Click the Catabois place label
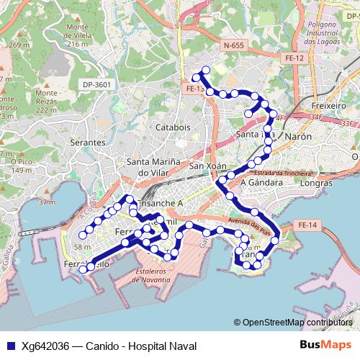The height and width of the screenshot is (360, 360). pos(173,127)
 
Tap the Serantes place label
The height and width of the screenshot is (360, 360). pos(88,143)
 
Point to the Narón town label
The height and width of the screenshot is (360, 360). pos(299,135)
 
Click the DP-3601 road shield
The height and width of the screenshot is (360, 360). pos(97,84)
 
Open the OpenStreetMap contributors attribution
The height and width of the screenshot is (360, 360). pos(297,323)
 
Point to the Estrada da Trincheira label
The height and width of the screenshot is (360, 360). pos(282,173)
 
